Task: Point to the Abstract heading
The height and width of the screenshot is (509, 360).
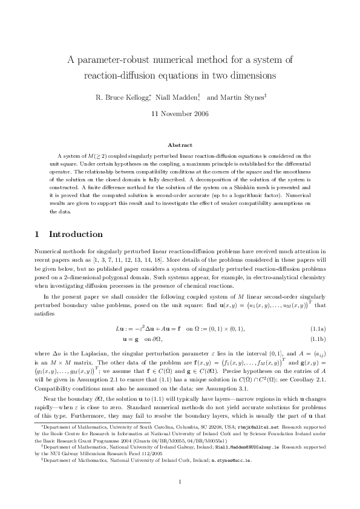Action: coord(180,145)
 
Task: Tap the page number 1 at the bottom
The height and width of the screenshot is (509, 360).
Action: coord(180,481)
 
